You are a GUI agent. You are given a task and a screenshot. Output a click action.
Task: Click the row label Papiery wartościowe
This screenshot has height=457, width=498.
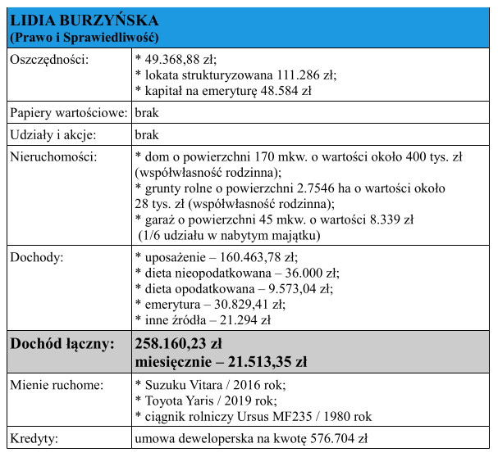click(67, 113)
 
